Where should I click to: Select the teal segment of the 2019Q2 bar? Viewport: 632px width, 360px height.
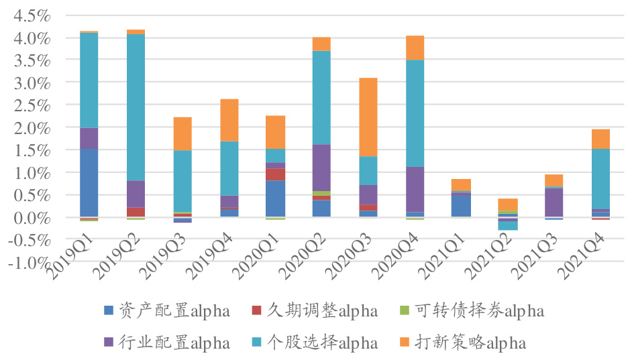[x=136, y=107]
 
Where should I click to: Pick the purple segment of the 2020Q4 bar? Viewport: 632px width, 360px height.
[x=415, y=189]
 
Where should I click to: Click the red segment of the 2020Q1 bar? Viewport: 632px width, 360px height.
[x=275, y=174]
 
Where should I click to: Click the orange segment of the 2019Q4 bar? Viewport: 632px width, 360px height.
[x=229, y=120]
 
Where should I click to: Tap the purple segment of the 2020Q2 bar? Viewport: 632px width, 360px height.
[x=321, y=168]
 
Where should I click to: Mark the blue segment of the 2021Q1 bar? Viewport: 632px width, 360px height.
[x=461, y=204]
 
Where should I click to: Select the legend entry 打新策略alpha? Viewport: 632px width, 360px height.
[x=463, y=343]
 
